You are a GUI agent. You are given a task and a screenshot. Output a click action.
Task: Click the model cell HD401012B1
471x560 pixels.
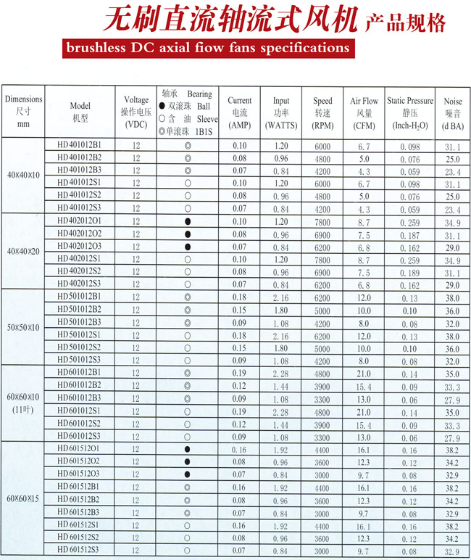tap(80, 145)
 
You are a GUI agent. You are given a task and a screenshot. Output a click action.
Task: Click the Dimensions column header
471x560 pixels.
tap(23, 111)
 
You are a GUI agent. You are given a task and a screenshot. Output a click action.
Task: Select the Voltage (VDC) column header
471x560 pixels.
tap(136, 111)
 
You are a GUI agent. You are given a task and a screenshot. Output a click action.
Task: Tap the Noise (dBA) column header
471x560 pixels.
tap(452, 112)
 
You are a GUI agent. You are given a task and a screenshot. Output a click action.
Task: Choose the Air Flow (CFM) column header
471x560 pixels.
tap(364, 112)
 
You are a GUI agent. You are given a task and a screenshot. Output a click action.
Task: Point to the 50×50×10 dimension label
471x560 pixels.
tap(23, 328)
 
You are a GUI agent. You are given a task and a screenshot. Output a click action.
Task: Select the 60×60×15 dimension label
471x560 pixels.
tap(23, 500)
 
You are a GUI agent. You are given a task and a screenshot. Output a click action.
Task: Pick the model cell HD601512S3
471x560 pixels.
tap(80, 551)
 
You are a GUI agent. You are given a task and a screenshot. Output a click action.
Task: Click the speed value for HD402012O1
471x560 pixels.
tap(322, 221)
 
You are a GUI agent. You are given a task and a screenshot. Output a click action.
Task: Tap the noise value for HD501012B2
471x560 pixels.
tap(453, 310)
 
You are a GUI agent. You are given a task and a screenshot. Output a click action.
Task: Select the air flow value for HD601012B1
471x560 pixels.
tap(364, 373)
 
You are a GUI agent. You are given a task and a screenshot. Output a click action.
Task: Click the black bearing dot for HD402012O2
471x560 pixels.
tap(188, 234)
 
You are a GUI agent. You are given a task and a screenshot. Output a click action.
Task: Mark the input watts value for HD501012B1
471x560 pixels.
tap(280, 297)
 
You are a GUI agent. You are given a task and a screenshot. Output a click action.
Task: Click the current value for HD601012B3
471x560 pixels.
tap(239, 398)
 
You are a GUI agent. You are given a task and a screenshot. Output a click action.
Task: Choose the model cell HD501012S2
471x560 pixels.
tap(80, 347)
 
